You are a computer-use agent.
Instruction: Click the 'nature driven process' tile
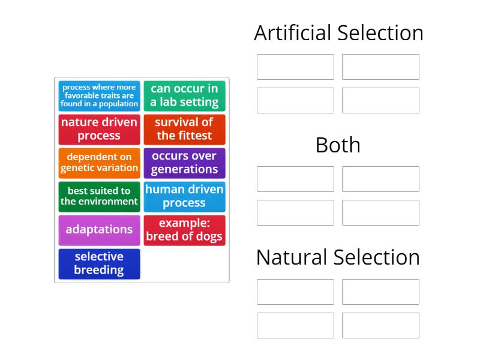click(x=99, y=129)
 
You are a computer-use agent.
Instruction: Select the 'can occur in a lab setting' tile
click(x=184, y=95)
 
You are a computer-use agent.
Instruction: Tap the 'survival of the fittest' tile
click(x=184, y=129)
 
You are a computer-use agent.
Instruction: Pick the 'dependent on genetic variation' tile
click(x=99, y=163)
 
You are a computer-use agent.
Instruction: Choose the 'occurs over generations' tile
click(x=184, y=163)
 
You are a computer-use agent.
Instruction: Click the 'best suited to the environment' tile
click(x=99, y=196)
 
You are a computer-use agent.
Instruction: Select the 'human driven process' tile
click(x=184, y=196)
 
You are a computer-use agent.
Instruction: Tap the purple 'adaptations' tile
click(x=99, y=230)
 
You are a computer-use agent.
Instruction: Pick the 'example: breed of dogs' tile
click(x=184, y=230)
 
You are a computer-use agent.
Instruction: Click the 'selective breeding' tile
click(x=99, y=263)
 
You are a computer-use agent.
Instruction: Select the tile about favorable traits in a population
click(x=99, y=95)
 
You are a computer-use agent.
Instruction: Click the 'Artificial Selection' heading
click(x=338, y=33)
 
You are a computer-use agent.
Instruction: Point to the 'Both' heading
click(x=338, y=145)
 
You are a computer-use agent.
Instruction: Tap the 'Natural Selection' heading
click(x=338, y=257)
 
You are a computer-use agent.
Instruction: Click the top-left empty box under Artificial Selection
click(x=295, y=67)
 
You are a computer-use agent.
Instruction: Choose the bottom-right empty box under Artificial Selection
click(x=380, y=100)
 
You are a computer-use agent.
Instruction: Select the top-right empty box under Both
click(x=380, y=179)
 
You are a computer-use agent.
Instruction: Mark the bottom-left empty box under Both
click(x=295, y=212)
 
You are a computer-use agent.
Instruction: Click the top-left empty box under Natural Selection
click(x=295, y=292)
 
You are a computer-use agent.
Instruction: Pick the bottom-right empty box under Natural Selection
click(x=380, y=325)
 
